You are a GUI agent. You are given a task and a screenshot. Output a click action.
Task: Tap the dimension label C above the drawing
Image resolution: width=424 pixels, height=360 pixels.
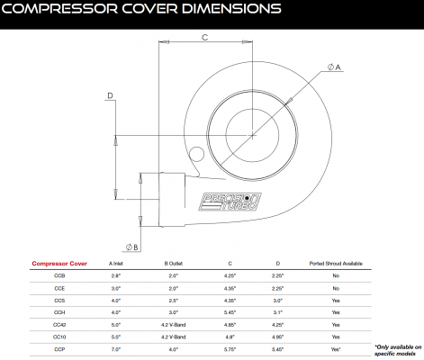(205, 38)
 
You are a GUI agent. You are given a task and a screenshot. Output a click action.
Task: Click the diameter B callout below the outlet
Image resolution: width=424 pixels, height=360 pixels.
(131, 245)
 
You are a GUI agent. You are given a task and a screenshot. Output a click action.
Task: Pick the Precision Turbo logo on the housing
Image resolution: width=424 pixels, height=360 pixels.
(223, 200)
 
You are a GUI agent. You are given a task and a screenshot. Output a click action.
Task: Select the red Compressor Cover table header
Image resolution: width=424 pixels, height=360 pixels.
(59, 264)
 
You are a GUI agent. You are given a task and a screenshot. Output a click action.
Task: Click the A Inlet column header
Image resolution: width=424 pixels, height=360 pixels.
(115, 264)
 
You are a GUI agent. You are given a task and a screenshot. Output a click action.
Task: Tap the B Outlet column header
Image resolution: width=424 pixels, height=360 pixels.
(172, 264)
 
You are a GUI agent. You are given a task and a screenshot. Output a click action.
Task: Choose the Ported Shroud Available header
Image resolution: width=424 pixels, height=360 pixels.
(336, 264)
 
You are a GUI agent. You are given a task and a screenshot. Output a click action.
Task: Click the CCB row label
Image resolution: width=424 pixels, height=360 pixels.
(59, 274)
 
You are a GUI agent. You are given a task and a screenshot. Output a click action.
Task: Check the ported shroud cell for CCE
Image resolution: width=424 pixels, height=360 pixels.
(336, 287)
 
